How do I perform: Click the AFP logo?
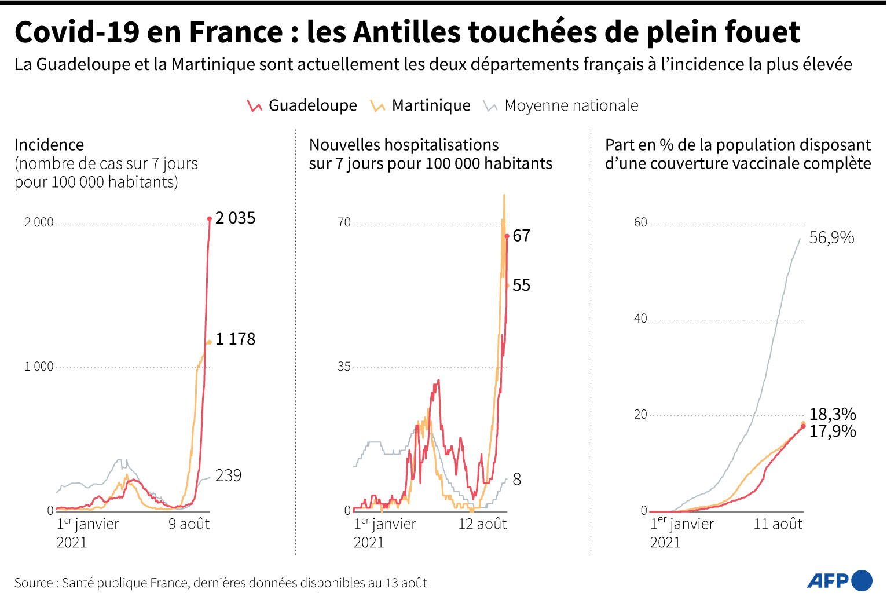[839, 580]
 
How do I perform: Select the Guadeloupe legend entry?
[302, 105]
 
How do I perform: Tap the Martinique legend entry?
[420, 105]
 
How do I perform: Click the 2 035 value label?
[235, 218]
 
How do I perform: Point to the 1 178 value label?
[235, 339]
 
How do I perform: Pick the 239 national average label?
[228, 476]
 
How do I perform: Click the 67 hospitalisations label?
[521, 236]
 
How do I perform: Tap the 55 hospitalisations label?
[521, 286]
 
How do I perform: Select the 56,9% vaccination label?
[831, 237]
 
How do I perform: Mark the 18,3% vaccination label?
[832, 414]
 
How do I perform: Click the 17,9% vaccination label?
[832, 431]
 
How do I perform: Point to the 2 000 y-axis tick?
[39, 223]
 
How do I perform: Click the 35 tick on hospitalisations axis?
[344, 367]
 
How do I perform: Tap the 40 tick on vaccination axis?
[640, 319]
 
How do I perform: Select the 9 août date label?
[189, 524]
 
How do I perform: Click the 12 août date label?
[482, 524]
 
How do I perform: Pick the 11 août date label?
[778, 524]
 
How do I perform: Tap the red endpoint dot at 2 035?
[210, 219]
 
